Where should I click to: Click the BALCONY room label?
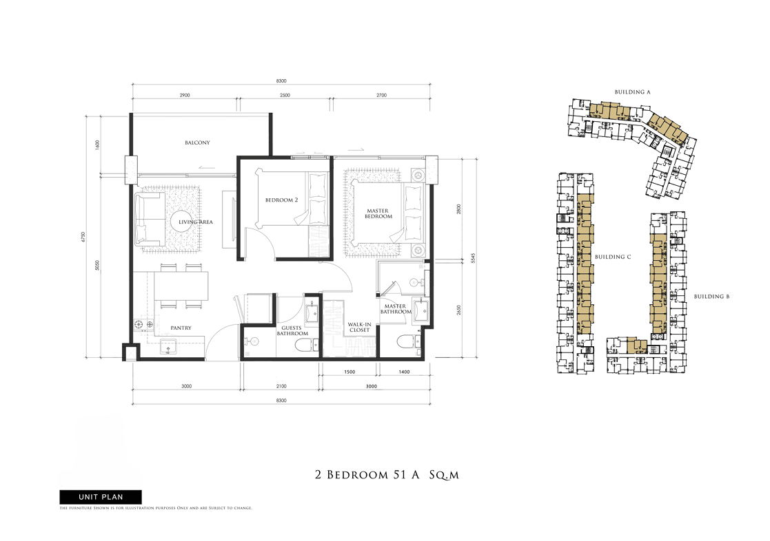tap(197, 142)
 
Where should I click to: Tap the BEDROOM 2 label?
tap(281, 200)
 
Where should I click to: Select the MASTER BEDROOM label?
tap(378, 213)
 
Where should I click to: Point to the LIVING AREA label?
tap(196, 222)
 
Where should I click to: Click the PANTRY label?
tap(181, 328)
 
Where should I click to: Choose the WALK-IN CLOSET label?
tap(359, 327)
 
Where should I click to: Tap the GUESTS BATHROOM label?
tap(292, 331)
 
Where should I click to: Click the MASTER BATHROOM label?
tap(395, 309)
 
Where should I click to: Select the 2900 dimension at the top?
tap(185, 95)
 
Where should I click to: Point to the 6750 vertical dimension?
tap(83, 237)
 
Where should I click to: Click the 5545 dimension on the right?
tap(473, 258)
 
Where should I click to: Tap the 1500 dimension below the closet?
tap(349, 372)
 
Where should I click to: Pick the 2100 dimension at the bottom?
tap(281, 386)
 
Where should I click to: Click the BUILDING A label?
tap(633, 92)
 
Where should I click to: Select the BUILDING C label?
tap(613, 257)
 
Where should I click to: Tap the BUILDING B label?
tap(711, 296)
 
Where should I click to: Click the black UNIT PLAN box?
tap(101, 497)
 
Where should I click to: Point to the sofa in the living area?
tap(150, 219)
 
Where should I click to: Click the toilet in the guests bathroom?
tap(304, 346)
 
